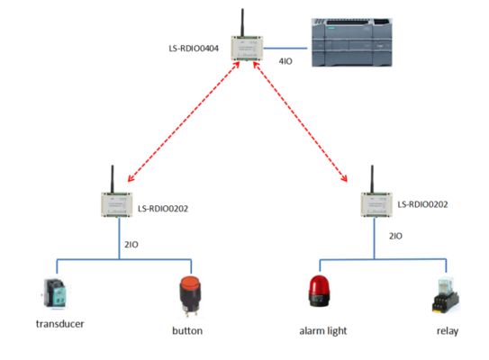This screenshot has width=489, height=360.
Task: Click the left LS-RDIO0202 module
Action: pyautogui.click(x=116, y=204)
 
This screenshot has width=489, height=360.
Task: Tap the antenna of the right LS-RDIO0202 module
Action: pyautogui.click(x=372, y=176)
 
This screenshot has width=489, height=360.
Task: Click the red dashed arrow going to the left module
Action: pyautogui.click(x=185, y=125)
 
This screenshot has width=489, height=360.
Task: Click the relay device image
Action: pyautogui.click(x=444, y=296)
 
